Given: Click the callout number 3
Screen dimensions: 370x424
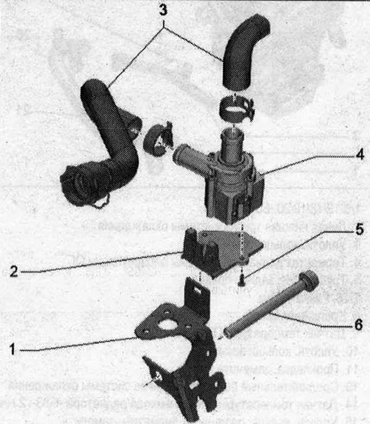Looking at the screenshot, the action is pos(163,10).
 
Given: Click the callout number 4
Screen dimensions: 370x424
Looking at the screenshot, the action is pos(360,155).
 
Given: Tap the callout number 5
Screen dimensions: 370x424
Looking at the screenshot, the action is pos(360,229).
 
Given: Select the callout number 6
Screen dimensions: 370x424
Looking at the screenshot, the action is pos(358,324).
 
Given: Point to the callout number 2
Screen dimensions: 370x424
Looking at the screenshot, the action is pos(14,271).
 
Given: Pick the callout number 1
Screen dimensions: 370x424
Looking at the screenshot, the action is pos(12,349).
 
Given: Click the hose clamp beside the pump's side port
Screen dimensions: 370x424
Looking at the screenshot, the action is pos(158,139).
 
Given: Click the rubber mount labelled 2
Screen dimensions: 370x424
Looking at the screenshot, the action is pos(220,253).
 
